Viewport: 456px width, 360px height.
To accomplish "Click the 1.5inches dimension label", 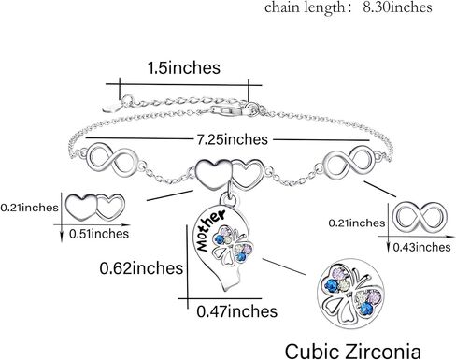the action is pos(184,68).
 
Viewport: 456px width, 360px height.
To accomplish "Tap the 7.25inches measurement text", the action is pos(232,139).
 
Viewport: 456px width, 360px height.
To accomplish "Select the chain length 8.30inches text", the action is pos(349,7).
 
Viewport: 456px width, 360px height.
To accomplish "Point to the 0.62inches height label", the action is pos(141,268).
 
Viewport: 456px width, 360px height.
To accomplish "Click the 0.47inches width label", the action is pos(237,311).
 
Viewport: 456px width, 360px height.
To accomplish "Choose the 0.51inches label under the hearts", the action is pos(99,234).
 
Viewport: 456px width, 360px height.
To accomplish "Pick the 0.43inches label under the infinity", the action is pos(421,248).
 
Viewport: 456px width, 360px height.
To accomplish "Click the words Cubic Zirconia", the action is pos(353,352).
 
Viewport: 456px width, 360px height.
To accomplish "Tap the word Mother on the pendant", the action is pos(209,230).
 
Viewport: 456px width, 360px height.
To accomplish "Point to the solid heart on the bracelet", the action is pos(213,173).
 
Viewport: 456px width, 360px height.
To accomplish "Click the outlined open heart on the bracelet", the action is pos(248,173).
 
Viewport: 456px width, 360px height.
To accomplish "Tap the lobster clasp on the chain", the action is pos(230,110).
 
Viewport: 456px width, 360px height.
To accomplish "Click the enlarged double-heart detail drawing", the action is pos(96,207).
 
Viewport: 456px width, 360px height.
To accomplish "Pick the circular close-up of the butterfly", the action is pos(350,293).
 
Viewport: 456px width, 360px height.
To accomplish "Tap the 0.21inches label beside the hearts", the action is pos(30,208).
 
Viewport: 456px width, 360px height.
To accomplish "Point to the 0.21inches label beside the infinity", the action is pos(357,223).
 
